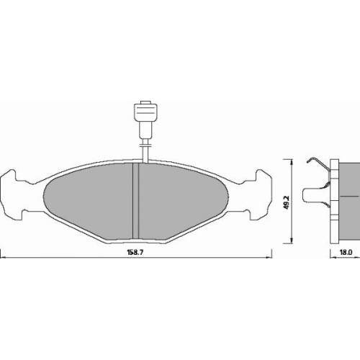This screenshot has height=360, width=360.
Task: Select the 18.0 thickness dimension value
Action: (346, 252)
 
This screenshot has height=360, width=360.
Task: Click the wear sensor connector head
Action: (145, 112)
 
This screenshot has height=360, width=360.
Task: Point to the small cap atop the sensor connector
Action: (145, 102)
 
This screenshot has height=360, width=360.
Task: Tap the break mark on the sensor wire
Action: (145, 145)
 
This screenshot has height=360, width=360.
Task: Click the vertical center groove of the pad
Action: (136, 201)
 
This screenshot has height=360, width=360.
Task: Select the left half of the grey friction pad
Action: (89, 200)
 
